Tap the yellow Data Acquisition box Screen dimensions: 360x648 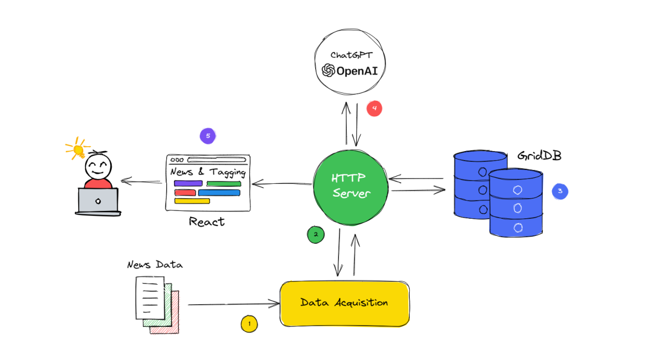tap(344, 303)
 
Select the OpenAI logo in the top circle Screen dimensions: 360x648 tap(329, 70)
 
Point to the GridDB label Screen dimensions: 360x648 tap(539, 156)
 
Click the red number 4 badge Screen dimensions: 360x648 tap(374, 109)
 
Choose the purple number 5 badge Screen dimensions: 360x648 tap(208, 135)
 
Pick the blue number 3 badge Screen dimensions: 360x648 tap(560, 192)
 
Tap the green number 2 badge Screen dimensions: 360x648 tap(316, 234)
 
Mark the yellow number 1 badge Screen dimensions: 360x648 tap(249, 323)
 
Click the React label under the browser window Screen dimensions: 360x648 tap(207, 222)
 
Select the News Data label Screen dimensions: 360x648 tap(155, 265)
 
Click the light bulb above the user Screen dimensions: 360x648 tap(78, 148)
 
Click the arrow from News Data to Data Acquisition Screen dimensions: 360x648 tap(233, 304)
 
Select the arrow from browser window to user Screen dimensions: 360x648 tap(141, 180)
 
